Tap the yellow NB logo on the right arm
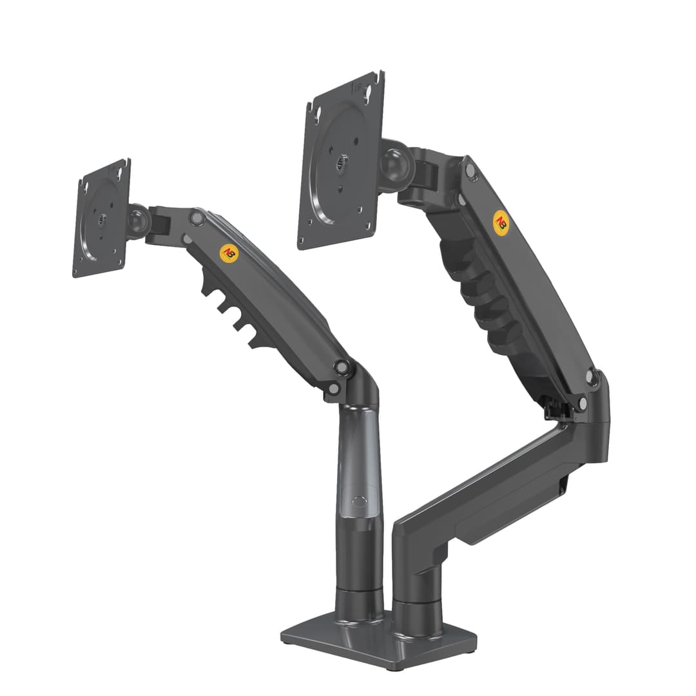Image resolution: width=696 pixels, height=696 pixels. point(499,220)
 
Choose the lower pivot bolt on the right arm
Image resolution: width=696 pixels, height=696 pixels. point(591,377)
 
